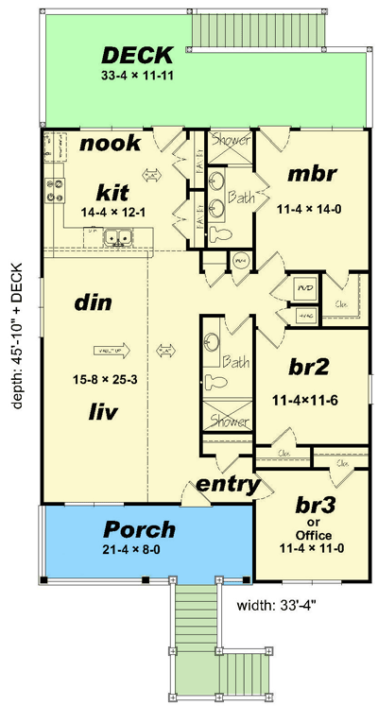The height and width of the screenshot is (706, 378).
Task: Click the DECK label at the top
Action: click(x=137, y=55)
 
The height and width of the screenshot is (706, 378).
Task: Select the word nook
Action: click(x=110, y=144)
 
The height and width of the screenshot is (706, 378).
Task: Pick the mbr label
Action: click(x=313, y=176)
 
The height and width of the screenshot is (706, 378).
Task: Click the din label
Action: click(x=94, y=304)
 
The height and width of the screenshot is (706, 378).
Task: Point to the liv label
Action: click(x=93, y=411)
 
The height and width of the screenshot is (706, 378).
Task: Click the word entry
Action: click(x=228, y=485)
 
